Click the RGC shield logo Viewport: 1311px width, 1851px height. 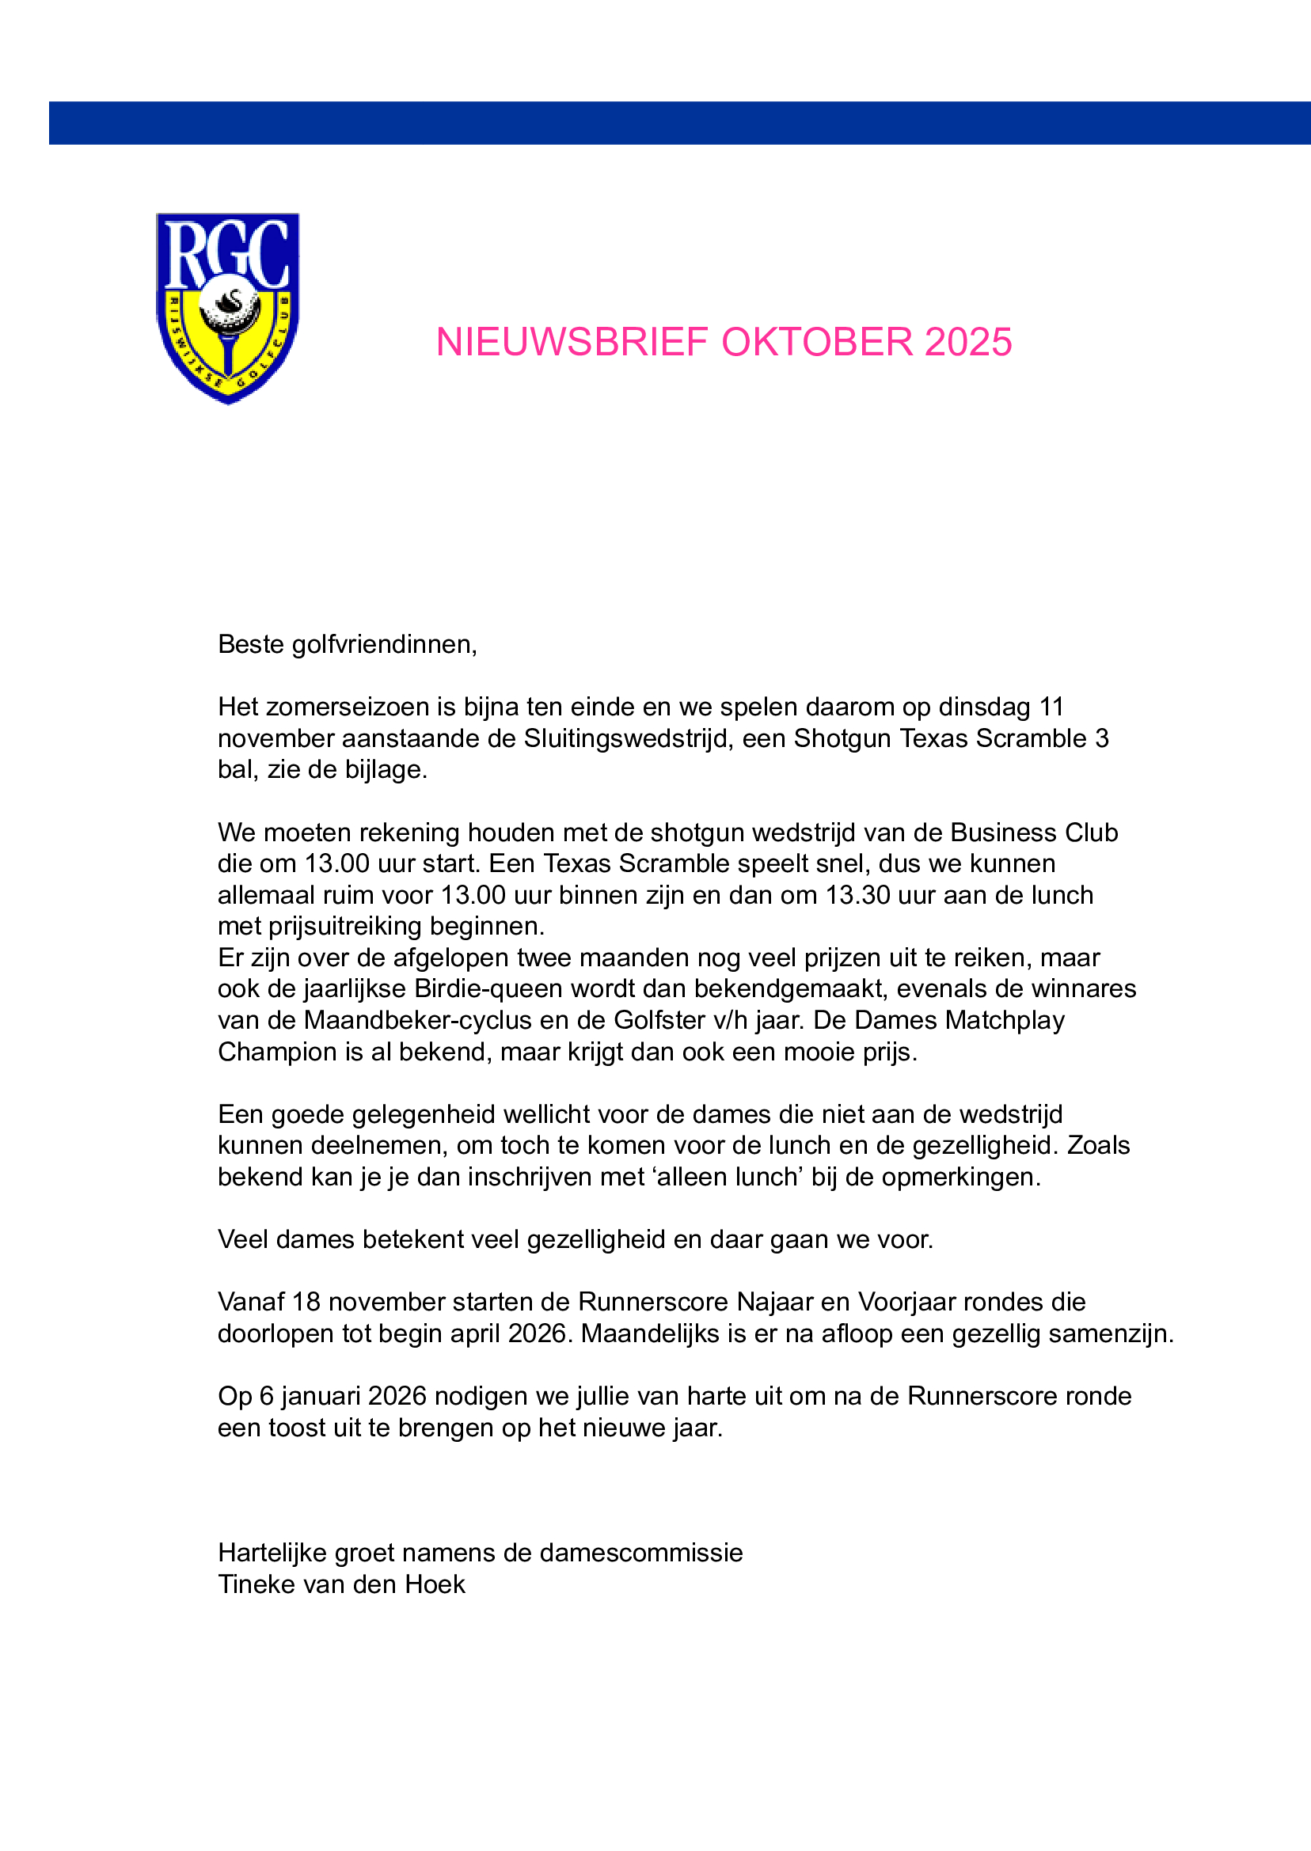pyautogui.click(x=227, y=307)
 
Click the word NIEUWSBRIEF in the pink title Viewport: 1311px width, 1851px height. pyautogui.click(x=572, y=342)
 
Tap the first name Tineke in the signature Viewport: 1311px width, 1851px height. pyautogui.click(x=253, y=1585)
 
